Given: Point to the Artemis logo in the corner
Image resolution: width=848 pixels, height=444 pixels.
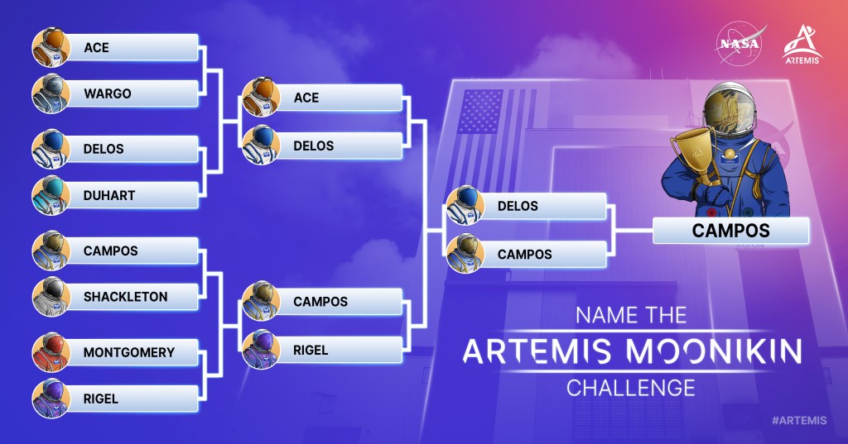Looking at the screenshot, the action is pyautogui.click(x=802, y=45).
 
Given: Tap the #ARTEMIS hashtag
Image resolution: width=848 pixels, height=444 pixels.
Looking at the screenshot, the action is pyautogui.click(x=799, y=420).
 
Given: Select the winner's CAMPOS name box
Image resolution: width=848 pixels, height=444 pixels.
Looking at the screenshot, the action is pyautogui.click(x=730, y=231).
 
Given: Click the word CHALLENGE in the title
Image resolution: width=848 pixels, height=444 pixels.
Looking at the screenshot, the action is pyautogui.click(x=630, y=388).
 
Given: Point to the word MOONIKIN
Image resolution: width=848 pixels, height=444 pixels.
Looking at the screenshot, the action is pyautogui.click(x=714, y=351).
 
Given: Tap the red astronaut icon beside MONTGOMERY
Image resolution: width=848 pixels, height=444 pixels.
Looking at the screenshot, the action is pyautogui.click(x=51, y=352).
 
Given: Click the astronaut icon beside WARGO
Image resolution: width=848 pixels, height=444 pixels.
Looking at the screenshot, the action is pyautogui.click(x=51, y=93).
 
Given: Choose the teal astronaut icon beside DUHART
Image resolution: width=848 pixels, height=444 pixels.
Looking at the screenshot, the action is pyautogui.click(x=51, y=195).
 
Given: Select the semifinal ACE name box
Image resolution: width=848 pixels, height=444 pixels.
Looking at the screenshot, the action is pyautogui.click(x=339, y=98).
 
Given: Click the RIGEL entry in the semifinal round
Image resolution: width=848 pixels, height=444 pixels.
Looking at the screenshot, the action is pyautogui.click(x=339, y=350).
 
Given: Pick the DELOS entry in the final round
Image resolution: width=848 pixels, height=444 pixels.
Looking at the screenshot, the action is pyautogui.click(x=543, y=206).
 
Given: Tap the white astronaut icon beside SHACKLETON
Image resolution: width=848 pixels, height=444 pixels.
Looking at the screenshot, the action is pyautogui.click(x=51, y=297).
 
